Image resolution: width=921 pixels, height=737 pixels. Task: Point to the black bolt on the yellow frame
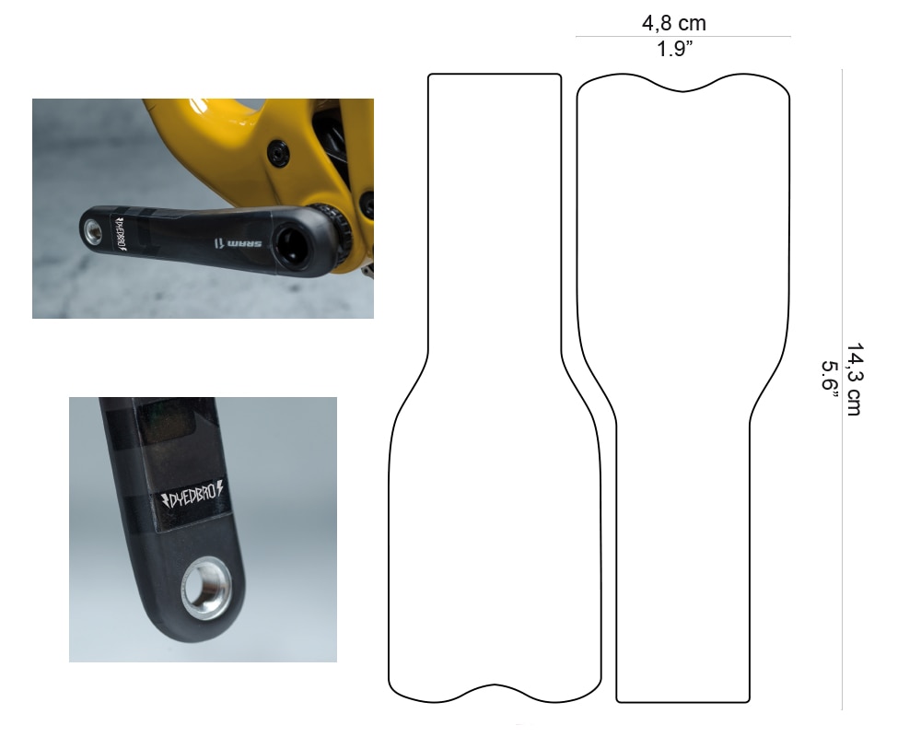277,153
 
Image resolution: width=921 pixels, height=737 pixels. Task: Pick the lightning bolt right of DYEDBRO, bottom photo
227,491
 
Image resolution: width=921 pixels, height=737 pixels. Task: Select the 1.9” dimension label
681,50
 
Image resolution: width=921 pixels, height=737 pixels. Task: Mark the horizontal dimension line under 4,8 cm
682,37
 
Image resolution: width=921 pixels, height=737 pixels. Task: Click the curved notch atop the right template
682,90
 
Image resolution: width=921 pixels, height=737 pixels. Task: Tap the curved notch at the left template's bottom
495,687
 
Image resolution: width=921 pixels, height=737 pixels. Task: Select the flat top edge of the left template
495,74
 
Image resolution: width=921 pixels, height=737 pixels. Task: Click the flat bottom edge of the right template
682,702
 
